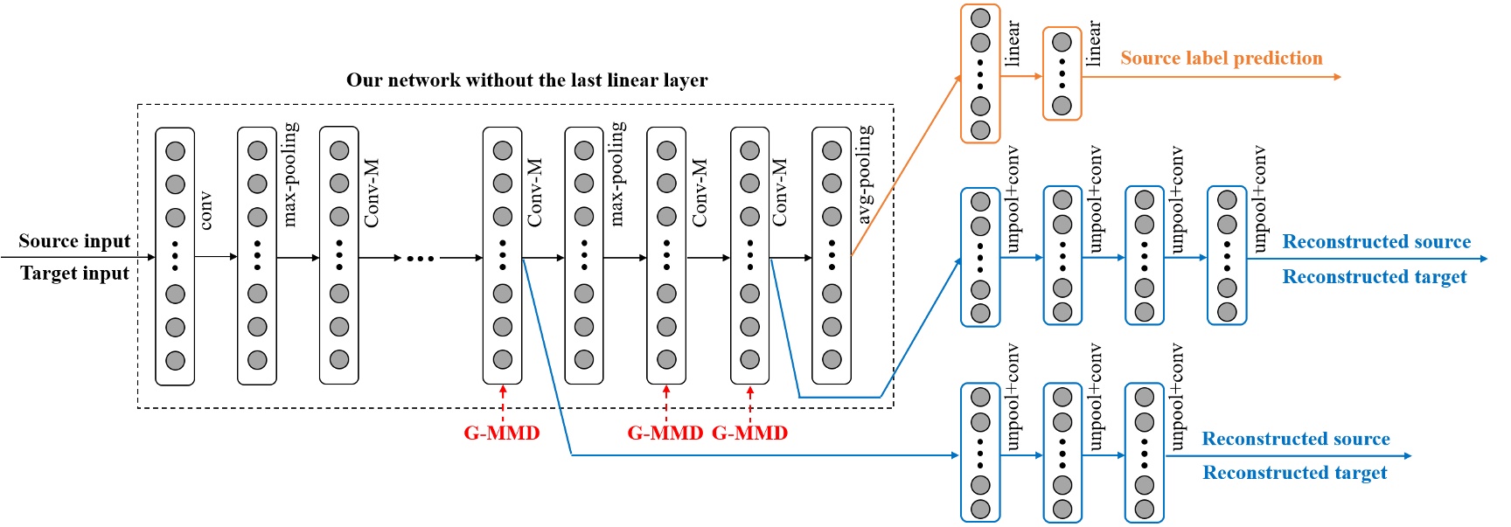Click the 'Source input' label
(x=74, y=241)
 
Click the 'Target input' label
(x=74, y=274)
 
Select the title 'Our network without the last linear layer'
(x=526, y=80)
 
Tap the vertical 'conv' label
(x=205, y=211)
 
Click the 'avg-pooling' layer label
(x=864, y=174)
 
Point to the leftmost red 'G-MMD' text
(x=501, y=433)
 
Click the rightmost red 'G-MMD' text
(x=749, y=433)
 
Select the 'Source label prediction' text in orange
(x=1221, y=59)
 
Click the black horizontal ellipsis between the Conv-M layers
(x=420, y=258)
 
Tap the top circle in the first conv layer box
(x=175, y=151)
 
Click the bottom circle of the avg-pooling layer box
(x=832, y=359)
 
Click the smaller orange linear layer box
(x=1062, y=73)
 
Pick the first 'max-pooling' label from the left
(x=290, y=174)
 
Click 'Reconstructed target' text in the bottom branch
(x=1294, y=473)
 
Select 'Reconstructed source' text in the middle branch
(x=1375, y=242)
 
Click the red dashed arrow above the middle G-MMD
(x=666, y=402)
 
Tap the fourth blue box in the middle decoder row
(x=1226, y=255)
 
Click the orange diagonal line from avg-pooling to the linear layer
(x=906, y=166)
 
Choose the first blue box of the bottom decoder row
(x=979, y=452)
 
